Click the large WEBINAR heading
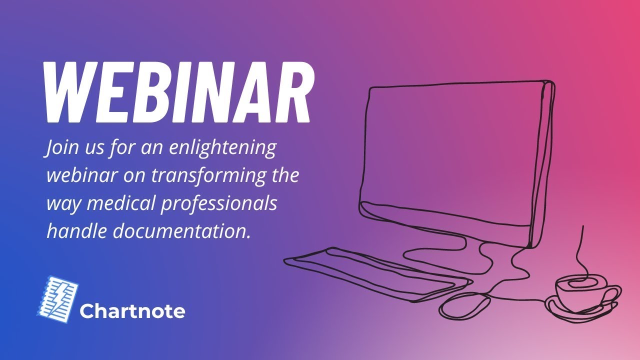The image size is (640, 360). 177,92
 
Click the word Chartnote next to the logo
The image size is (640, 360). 132,311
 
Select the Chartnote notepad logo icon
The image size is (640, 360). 58,297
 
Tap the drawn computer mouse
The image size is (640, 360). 465,305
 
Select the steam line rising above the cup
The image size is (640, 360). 580,250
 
